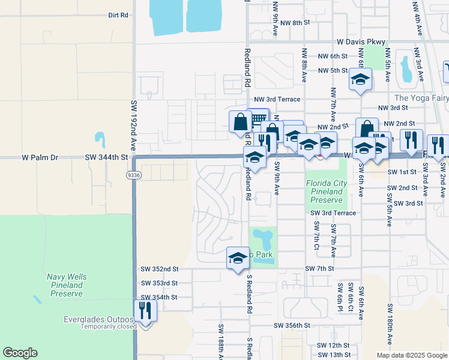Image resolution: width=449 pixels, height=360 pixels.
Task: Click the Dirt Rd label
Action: [119, 15]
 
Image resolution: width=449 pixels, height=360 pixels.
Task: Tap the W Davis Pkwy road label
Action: [360, 42]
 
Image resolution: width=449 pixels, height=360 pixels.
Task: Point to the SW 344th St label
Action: [107, 158]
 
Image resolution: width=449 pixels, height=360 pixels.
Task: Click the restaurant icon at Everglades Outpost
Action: [145, 311]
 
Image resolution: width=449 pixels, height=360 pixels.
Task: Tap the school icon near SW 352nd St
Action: [238, 259]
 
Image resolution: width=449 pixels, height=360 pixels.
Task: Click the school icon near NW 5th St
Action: [360, 80]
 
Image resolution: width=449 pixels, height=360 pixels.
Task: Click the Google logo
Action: [20, 353]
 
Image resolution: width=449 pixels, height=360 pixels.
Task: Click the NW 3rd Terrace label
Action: [277, 99]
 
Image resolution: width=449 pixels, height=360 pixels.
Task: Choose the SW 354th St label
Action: [159, 297]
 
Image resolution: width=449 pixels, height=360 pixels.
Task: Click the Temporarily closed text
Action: [99, 327]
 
